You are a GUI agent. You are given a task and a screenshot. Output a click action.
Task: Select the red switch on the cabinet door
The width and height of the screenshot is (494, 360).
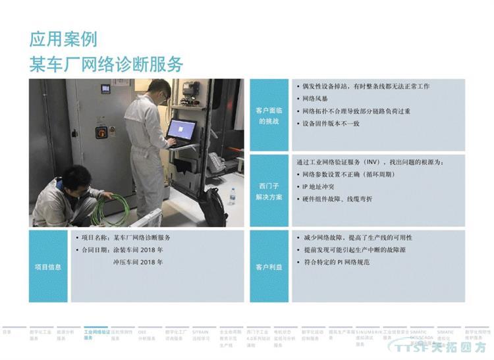[101, 130]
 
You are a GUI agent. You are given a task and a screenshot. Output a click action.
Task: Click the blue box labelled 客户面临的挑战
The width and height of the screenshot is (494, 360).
[269, 116]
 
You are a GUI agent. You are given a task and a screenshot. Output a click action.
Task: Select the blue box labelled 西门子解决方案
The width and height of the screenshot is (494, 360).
[269, 192]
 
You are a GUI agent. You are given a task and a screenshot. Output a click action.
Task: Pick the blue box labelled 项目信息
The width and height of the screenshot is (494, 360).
[48, 267]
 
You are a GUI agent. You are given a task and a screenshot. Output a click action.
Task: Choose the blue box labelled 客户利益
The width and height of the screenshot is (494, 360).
[269, 267]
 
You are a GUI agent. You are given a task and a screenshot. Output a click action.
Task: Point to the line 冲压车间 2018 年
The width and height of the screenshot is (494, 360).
[138, 262]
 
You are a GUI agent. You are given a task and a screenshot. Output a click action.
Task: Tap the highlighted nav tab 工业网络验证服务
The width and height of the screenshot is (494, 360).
[97, 335]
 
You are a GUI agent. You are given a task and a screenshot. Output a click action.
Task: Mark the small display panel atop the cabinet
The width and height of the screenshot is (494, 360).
[105, 88]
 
